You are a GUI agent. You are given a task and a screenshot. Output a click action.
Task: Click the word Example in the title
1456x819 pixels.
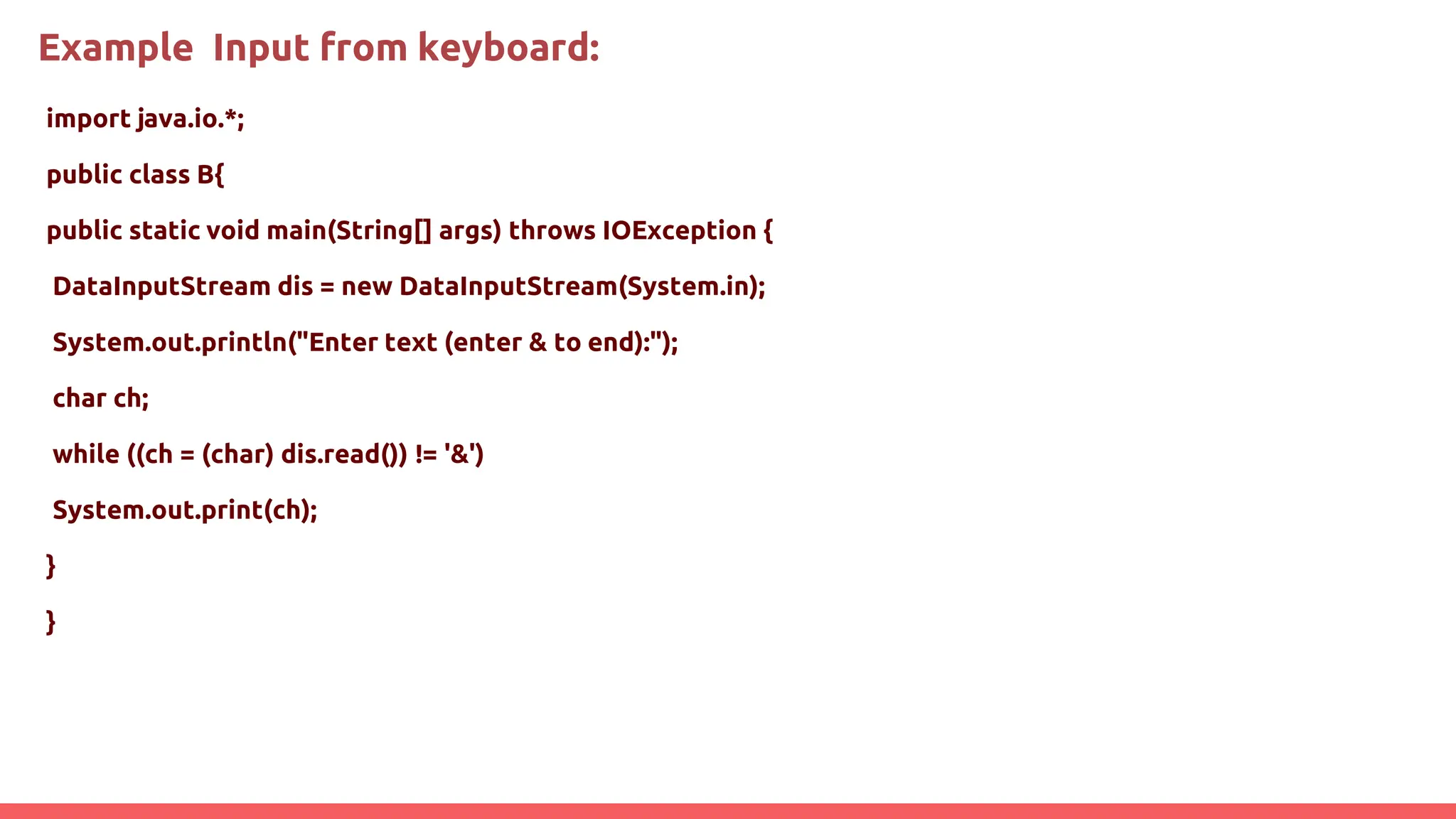115,48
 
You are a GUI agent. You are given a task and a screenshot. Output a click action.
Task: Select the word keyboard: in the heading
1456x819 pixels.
508,48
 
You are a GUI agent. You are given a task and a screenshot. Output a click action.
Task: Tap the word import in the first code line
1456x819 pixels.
88,119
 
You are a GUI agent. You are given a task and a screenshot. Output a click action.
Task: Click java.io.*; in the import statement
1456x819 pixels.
191,119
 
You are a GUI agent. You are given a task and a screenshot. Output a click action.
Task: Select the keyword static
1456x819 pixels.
164,231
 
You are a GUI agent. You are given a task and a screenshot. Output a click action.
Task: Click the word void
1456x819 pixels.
232,231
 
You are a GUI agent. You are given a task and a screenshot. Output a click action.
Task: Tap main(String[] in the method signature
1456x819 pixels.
349,231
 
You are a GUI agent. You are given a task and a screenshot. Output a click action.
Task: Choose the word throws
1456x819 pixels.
552,231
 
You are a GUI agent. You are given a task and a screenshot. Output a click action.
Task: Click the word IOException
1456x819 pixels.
679,231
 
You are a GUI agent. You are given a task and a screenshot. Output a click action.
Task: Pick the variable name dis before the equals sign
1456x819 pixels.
295,287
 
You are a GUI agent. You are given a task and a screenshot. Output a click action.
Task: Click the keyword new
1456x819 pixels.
367,287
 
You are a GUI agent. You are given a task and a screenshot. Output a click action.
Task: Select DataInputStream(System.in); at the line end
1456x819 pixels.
582,287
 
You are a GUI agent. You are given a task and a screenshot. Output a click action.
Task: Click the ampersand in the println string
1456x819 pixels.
538,343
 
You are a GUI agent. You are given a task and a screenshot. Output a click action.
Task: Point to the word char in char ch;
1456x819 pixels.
80,399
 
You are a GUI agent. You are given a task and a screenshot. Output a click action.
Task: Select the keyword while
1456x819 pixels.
86,454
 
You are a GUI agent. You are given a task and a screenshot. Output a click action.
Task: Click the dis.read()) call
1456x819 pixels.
344,454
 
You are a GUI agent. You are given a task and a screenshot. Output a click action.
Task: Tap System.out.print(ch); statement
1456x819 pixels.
185,510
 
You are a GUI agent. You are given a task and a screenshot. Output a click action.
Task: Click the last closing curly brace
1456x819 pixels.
50,622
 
